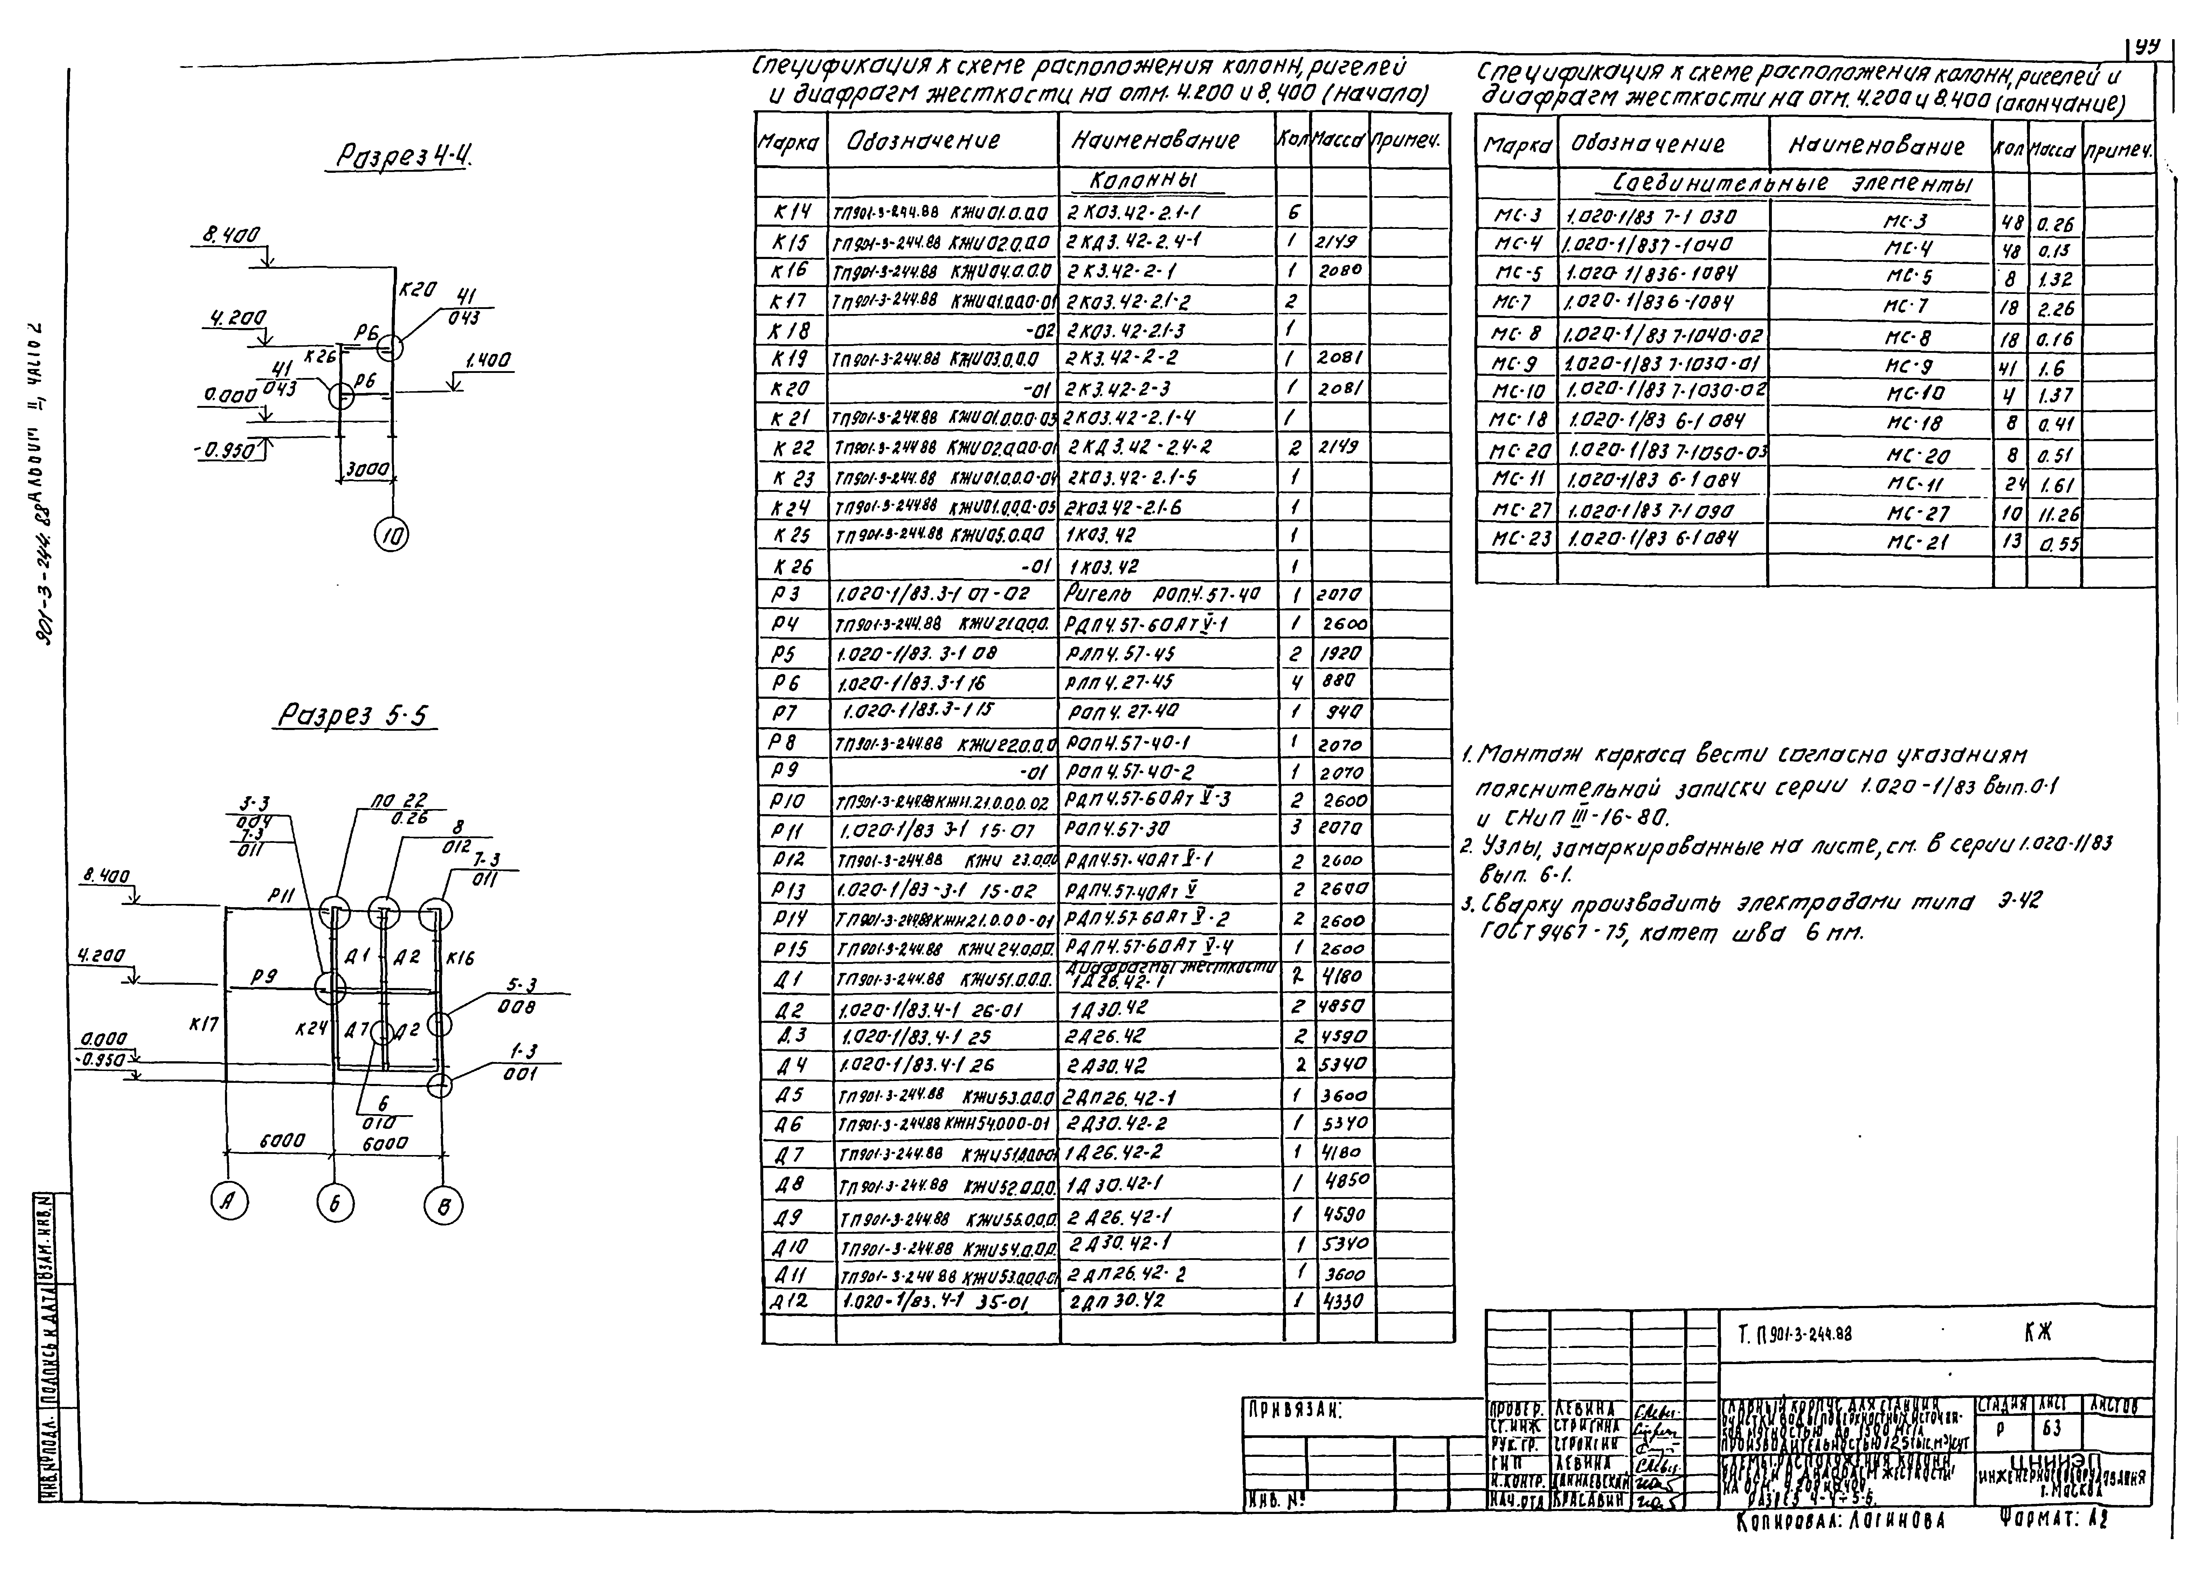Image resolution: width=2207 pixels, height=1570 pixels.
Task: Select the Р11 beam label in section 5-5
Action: (281, 897)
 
